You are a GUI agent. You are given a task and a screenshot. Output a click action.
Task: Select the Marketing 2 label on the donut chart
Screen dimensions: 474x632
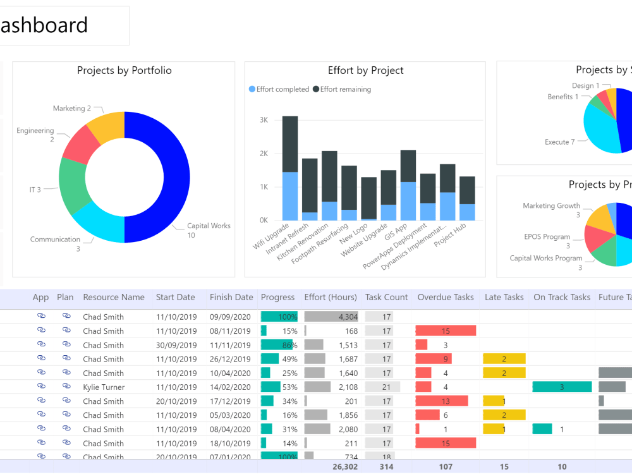[x=72, y=109]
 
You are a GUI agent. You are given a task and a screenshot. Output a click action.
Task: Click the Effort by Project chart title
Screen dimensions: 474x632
[x=365, y=71]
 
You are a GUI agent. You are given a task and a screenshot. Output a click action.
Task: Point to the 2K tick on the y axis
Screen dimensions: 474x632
[x=263, y=154]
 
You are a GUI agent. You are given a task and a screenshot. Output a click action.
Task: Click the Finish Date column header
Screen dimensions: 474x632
[x=231, y=297]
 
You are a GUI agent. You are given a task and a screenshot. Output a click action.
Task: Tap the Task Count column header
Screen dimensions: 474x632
[x=386, y=297]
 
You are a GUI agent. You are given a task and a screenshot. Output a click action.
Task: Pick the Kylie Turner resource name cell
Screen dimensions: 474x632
[x=104, y=387]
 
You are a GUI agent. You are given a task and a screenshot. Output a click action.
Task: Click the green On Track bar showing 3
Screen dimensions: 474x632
[x=561, y=387]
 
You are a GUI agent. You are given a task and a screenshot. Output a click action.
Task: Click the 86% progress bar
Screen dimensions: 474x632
[x=279, y=345]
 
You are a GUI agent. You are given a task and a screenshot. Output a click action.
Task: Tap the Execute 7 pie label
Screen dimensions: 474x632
[x=559, y=142]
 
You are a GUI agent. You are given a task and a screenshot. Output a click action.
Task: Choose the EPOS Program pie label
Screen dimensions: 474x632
[x=547, y=237]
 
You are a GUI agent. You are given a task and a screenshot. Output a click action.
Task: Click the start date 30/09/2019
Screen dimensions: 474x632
[x=176, y=345]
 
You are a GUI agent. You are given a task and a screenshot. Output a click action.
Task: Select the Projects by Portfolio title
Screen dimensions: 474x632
[x=124, y=71]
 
